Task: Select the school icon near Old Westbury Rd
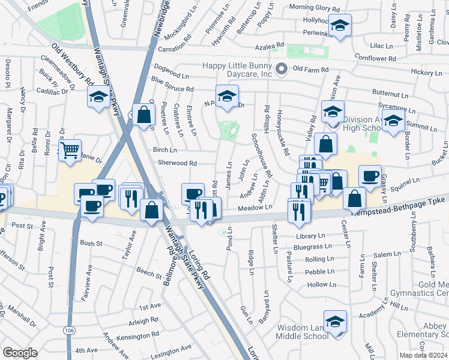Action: pos(98,97)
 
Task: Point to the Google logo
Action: pos(20,352)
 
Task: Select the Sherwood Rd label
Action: pos(177,163)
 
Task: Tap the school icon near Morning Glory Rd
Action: pos(340,26)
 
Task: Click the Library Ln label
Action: pos(310,236)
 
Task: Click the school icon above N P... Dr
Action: pos(228,95)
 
